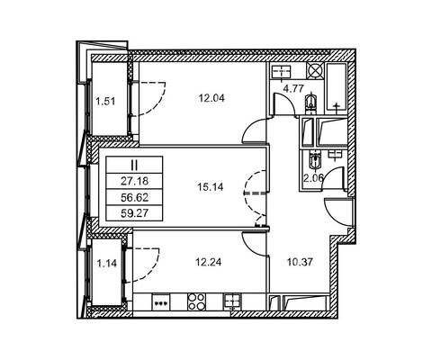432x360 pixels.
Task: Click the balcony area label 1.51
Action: (105, 102)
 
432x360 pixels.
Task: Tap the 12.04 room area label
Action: (211, 98)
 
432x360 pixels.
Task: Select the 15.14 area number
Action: (211, 187)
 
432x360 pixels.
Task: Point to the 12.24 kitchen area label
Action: (209, 262)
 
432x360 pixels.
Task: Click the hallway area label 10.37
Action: (300, 262)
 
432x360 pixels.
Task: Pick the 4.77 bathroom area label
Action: (293, 88)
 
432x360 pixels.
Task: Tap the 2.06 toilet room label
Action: (313, 178)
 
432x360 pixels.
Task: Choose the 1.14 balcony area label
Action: (106, 264)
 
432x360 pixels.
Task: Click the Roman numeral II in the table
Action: (134, 165)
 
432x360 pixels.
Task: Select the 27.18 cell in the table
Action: (135, 181)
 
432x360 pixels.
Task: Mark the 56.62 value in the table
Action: (135, 197)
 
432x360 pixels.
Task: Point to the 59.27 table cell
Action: (135, 213)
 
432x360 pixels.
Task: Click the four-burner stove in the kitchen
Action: (197, 301)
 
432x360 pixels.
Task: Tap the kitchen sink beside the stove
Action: (231, 301)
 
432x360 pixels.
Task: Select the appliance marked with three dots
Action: (161, 302)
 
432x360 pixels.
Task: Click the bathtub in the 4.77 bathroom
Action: (337, 89)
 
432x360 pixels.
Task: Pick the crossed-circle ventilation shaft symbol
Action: (315, 71)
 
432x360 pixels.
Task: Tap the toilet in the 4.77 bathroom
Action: (311, 103)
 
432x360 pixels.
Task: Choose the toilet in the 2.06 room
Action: (314, 160)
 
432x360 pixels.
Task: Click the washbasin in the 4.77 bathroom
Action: (282, 72)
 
